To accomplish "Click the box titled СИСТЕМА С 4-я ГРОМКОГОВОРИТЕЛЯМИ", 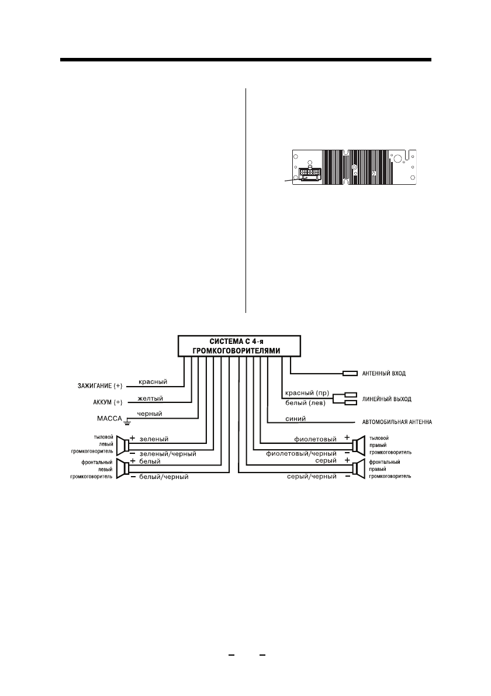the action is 240,346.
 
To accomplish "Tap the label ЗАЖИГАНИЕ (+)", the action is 101,385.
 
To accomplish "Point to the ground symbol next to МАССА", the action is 126,421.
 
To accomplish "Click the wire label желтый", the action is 150,398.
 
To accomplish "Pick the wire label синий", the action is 293,419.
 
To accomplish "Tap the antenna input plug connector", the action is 350,373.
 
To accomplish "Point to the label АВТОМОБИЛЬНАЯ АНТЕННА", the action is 394,422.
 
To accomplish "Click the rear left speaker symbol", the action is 122,445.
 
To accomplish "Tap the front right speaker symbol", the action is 357,468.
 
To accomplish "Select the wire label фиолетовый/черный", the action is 301,453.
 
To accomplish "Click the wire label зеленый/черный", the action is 167,453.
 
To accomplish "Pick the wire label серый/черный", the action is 312,477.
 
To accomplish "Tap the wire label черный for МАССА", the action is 150,414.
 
